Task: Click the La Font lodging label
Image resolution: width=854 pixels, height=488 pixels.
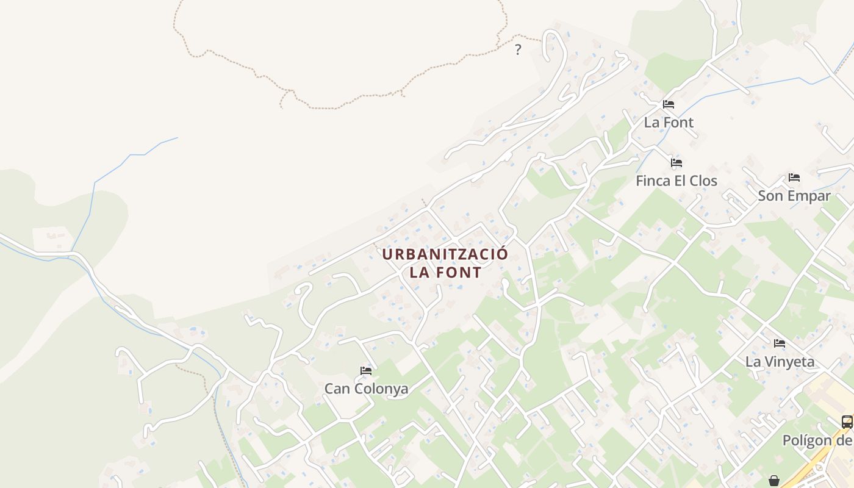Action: coord(669,122)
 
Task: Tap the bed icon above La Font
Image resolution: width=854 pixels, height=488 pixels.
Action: coord(669,104)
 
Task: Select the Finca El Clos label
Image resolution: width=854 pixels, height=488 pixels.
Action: coord(676,181)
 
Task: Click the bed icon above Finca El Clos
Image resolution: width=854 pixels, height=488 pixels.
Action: coord(676,163)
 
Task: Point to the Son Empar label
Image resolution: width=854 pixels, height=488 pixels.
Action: coord(794,196)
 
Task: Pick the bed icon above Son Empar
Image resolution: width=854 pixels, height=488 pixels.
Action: coord(794,178)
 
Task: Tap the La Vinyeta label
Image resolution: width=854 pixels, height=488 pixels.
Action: coord(780,361)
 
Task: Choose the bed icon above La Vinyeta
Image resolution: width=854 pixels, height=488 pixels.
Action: coord(780,343)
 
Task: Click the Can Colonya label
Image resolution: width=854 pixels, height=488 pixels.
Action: coord(366,389)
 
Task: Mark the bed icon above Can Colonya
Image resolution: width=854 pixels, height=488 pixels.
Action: coord(366,370)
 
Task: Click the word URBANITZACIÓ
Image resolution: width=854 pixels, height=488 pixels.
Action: coord(445,254)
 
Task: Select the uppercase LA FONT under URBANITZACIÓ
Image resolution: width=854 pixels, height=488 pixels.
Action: coord(445,273)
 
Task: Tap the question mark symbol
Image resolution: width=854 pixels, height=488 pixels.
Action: coord(518,50)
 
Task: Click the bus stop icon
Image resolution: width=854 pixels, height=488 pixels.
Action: coord(847,422)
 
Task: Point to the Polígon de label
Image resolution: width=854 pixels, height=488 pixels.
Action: coord(817,440)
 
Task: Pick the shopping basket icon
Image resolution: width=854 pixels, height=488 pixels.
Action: coord(774,481)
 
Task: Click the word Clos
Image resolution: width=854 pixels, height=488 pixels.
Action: coord(703,181)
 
